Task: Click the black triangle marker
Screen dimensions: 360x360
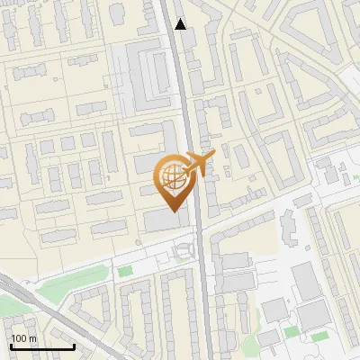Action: point(181,24)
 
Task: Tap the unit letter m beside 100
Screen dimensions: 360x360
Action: point(33,338)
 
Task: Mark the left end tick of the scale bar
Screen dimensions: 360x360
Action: point(11,346)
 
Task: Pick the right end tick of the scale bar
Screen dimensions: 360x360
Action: point(74,346)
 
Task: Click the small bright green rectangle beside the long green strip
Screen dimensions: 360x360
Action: point(124,270)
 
